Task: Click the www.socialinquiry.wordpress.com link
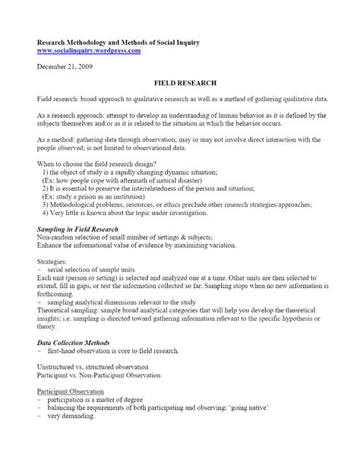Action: point(89,50)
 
